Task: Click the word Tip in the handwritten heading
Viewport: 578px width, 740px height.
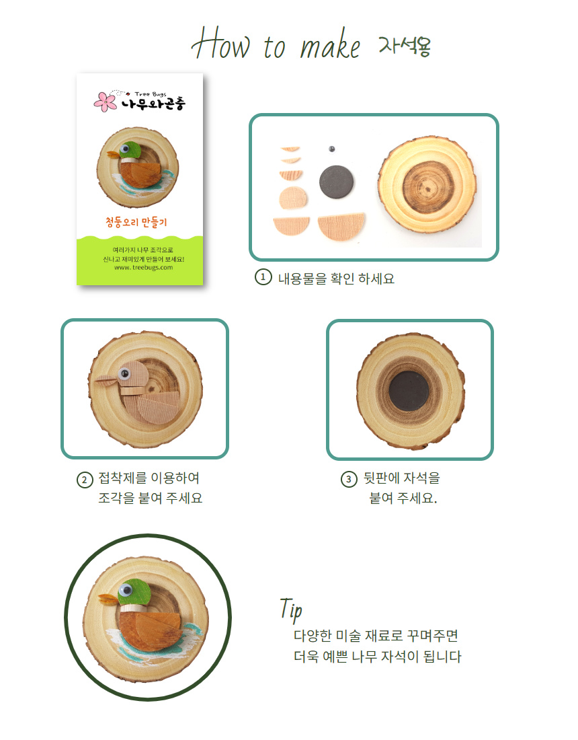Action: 291,609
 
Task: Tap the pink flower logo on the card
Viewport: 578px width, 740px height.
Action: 105,102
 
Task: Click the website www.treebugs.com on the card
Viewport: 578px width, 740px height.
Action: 143,268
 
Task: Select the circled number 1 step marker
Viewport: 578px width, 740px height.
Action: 263,277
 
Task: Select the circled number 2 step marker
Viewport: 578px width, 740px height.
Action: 85,480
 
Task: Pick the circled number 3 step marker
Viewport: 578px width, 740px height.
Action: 349,480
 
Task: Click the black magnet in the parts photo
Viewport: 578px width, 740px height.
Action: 336,182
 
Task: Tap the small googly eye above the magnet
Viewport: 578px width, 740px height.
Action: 331,149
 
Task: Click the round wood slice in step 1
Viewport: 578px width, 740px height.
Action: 427,184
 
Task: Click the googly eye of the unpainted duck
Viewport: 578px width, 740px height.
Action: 124,374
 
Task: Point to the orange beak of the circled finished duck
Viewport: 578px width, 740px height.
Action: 108,599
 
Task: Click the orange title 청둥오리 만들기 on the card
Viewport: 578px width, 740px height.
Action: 136,222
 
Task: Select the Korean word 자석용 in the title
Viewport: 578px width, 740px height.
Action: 405,46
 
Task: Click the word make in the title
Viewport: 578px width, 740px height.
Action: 331,45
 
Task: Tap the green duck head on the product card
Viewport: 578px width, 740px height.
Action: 130,150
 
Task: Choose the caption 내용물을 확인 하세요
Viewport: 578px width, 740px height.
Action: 336,279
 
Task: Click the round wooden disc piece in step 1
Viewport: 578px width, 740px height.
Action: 293,198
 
